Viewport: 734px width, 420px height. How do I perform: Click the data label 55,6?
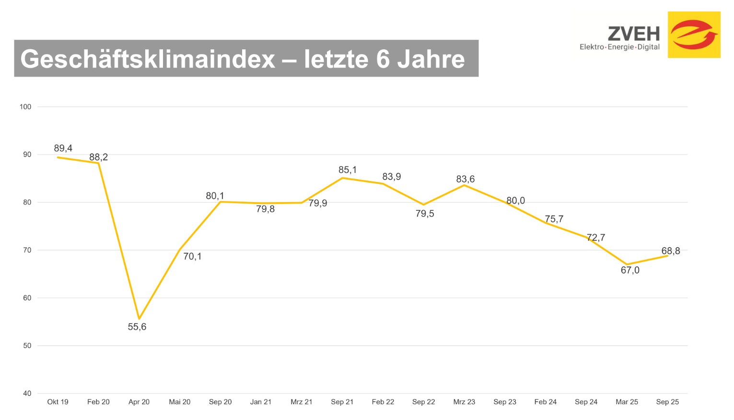pyautogui.click(x=137, y=327)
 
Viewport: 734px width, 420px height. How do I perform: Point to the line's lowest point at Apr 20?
pyautogui.click(x=139, y=318)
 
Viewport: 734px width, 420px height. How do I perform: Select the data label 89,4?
pyautogui.click(x=63, y=148)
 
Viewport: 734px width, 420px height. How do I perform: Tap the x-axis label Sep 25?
pyautogui.click(x=667, y=402)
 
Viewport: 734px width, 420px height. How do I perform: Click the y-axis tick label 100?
pyautogui.click(x=25, y=107)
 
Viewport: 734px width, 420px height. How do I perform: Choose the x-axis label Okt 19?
pyautogui.click(x=58, y=402)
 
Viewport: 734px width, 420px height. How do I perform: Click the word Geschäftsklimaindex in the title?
pyautogui.click(x=148, y=59)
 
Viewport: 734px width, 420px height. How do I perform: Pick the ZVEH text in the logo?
pyautogui.click(x=634, y=34)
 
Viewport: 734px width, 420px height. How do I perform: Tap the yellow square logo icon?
pyautogui.click(x=694, y=34)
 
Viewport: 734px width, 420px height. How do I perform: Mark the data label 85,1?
pyautogui.click(x=348, y=170)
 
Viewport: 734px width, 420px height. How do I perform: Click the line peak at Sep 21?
pyautogui.click(x=342, y=178)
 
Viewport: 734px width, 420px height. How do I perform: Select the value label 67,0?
pyautogui.click(x=630, y=271)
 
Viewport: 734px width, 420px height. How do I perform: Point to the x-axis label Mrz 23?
pyautogui.click(x=464, y=402)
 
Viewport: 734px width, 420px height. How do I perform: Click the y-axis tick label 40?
pyautogui.click(x=27, y=393)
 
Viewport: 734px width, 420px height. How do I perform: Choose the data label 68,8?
pyautogui.click(x=671, y=251)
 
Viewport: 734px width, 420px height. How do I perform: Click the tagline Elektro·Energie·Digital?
pyautogui.click(x=619, y=47)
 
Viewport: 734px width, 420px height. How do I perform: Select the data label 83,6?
pyautogui.click(x=465, y=179)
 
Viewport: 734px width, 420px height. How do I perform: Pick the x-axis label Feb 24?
pyautogui.click(x=546, y=402)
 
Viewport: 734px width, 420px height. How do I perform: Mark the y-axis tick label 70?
pyautogui.click(x=27, y=250)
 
